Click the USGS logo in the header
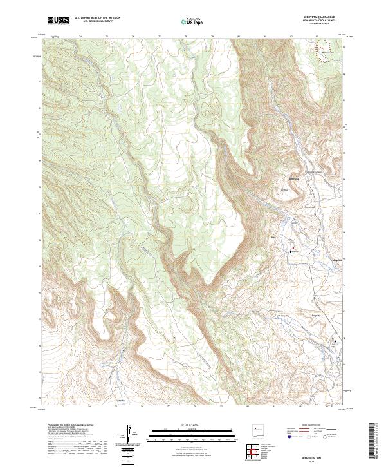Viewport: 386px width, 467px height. tap(59, 21)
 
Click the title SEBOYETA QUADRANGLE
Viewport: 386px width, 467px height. tap(316, 17)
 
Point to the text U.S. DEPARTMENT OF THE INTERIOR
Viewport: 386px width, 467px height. tap(97, 18)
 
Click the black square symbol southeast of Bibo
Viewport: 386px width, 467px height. tap(289, 253)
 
